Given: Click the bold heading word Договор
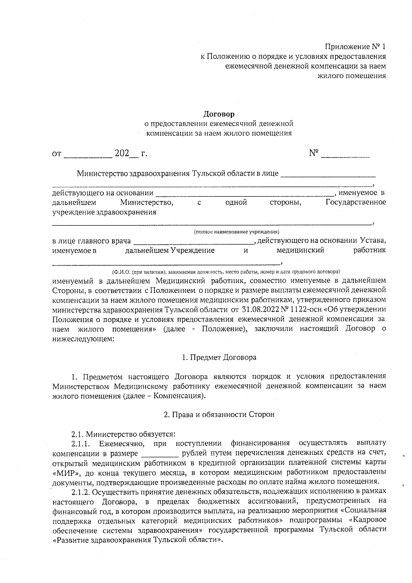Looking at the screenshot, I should click(219, 114).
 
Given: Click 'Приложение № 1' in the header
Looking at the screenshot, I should click(355, 46).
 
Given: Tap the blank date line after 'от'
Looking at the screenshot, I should click(88, 156).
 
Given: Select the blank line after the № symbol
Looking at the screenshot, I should click(345, 156).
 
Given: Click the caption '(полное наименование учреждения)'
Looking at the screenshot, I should click(236, 232).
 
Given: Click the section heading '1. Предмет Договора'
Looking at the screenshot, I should click(219, 358).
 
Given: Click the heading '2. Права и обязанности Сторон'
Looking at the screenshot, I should click(219, 415).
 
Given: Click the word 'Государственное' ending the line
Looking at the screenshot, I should click(355, 202).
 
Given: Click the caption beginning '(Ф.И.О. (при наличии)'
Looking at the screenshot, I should click(226, 271).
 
